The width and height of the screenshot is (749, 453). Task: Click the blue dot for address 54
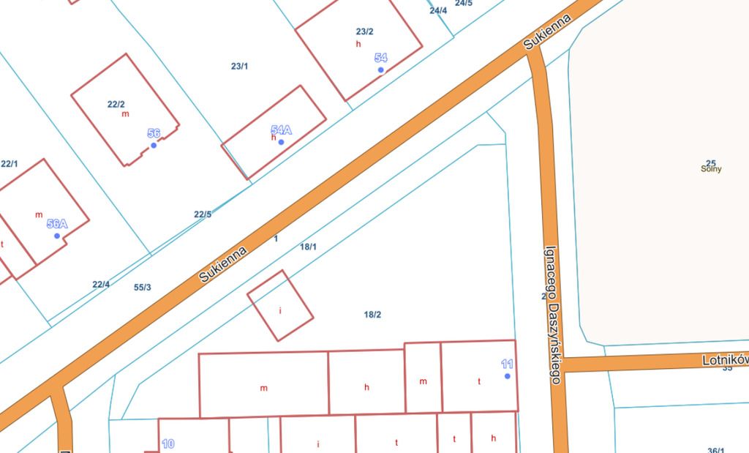click(380, 70)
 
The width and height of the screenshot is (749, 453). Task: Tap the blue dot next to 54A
click(281, 142)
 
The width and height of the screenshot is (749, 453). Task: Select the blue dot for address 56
click(154, 145)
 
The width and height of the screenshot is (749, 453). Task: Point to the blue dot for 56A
click(57, 236)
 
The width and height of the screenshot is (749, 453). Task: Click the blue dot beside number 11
click(507, 376)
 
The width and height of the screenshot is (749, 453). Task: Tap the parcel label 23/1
click(239, 66)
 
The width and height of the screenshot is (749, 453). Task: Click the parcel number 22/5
click(203, 214)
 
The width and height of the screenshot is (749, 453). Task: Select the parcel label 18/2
click(372, 315)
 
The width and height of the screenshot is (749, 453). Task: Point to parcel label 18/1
click(308, 247)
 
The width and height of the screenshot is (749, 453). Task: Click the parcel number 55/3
click(143, 287)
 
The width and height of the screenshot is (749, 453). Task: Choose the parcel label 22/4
click(101, 284)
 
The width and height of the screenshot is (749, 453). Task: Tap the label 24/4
click(438, 10)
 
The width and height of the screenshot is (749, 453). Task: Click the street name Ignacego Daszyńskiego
click(552, 314)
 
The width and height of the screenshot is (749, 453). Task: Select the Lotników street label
click(724, 360)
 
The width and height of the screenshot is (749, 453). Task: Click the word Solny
click(710, 169)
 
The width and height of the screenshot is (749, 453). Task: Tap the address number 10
click(168, 443)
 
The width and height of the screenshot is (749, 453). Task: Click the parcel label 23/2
click(364, 31)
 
